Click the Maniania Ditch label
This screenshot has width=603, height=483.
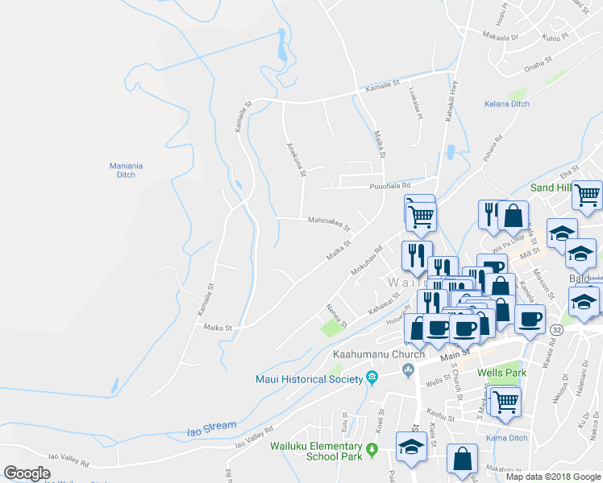(127, 170)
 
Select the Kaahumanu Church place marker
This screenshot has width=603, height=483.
(409, 369)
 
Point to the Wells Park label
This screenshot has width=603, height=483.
(501, 374)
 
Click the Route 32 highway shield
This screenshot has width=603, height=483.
(556, 330)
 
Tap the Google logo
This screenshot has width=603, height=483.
(27, 473)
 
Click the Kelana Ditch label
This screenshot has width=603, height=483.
(506, 105)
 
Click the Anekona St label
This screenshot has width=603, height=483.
(297, 159)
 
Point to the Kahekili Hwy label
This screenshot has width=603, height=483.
(442, 105)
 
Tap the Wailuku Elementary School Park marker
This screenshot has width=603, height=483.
(372, 449)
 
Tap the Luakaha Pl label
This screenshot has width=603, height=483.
(416, 103)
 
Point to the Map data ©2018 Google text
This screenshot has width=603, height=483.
(552, 477)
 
